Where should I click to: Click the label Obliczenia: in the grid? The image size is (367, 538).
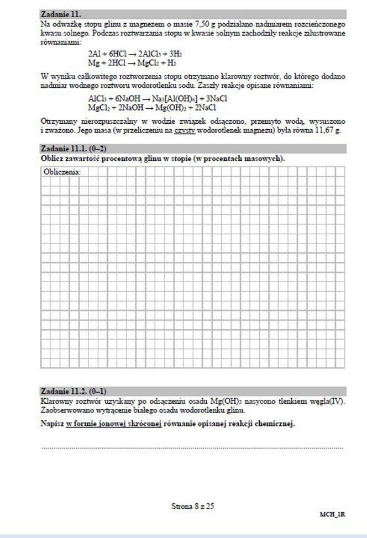[x=61, y=172]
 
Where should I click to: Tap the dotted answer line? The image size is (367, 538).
[x=192, y=447]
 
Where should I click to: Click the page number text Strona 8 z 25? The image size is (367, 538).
[x=192, y=506]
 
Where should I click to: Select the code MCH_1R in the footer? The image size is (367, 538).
[x=332, y=514]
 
